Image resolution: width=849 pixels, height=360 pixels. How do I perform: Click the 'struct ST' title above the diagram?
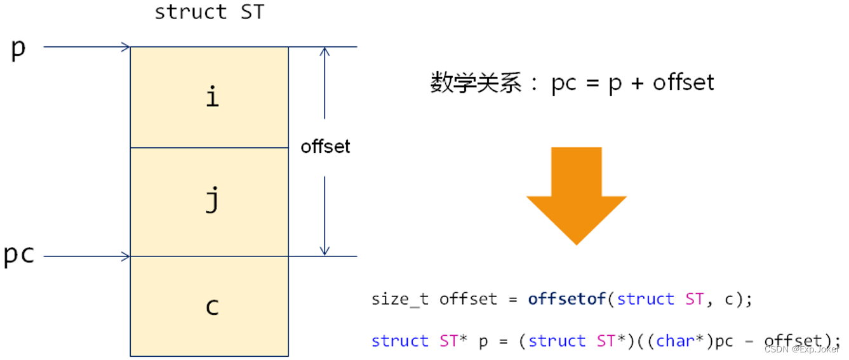coord(209,12)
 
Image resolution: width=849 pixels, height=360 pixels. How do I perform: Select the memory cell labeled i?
coord(210,97)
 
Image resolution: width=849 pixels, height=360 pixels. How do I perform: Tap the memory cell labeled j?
coord(210,202)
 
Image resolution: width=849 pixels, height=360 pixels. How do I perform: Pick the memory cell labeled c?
coord(210,306)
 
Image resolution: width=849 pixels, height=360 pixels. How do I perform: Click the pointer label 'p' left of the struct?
coord(18,48)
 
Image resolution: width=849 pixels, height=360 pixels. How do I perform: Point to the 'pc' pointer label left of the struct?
coord(19,255)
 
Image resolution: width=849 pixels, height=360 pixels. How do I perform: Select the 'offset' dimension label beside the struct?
coord(325,147)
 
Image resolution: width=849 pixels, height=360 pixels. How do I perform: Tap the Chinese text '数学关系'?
coord(476,83)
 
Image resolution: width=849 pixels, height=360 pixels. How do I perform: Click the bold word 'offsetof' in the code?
coord(567,299)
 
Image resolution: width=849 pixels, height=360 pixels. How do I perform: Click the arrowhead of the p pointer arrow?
coord(126,46)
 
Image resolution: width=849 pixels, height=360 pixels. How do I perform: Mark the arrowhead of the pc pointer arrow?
coord(126,257)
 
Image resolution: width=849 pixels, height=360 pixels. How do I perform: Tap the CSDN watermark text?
coord(801,349)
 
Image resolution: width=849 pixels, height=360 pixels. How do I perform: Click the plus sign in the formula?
coord(637,83)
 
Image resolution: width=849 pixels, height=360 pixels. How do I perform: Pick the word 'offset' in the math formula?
coord(683,83)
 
